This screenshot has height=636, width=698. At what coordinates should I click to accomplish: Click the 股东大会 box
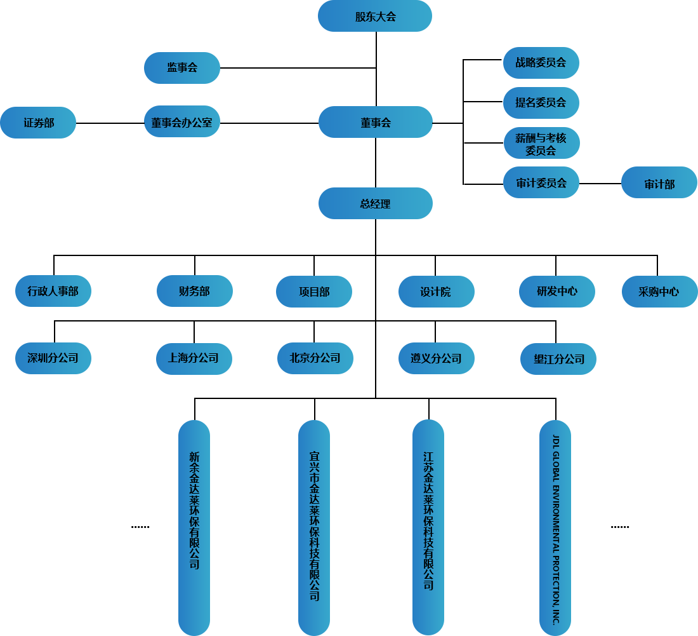click(375, 17)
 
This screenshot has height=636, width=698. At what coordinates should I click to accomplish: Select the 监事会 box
click(182, 67)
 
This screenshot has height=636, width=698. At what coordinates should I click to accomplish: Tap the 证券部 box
click(38, 123)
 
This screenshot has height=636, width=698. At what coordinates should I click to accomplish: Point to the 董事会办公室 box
click(182, 122)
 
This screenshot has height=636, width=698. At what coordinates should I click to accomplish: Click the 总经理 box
click(375, 203)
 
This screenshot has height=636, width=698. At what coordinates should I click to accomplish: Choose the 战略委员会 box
click(541, 62)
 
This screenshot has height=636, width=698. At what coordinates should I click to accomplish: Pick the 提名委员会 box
click(541, 102)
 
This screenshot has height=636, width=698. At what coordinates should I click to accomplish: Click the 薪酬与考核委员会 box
click(541, 144)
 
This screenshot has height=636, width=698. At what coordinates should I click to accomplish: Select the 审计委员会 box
click(541, 183)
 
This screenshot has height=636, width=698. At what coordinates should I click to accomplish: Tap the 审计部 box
click(659, 184)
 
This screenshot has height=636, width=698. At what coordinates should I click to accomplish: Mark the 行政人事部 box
click(53, 291)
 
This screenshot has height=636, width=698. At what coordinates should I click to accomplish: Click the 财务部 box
click(195, 291)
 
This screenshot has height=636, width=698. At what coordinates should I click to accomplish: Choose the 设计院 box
click(436, 292)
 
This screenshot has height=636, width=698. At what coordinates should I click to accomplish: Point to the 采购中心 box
click(659, 292)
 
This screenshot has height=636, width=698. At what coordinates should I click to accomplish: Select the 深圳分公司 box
click(53, 358)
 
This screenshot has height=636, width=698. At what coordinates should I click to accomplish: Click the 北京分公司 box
click(315, 358)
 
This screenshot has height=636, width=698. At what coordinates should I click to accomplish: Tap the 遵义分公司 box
click(436, 358)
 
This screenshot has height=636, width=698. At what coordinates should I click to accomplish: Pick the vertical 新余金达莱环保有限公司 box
click(194, 526)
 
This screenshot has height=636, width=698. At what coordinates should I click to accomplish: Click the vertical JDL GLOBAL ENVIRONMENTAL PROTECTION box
click(555, 526)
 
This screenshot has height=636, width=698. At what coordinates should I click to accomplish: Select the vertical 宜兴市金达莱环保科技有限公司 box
click(314, 526)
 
